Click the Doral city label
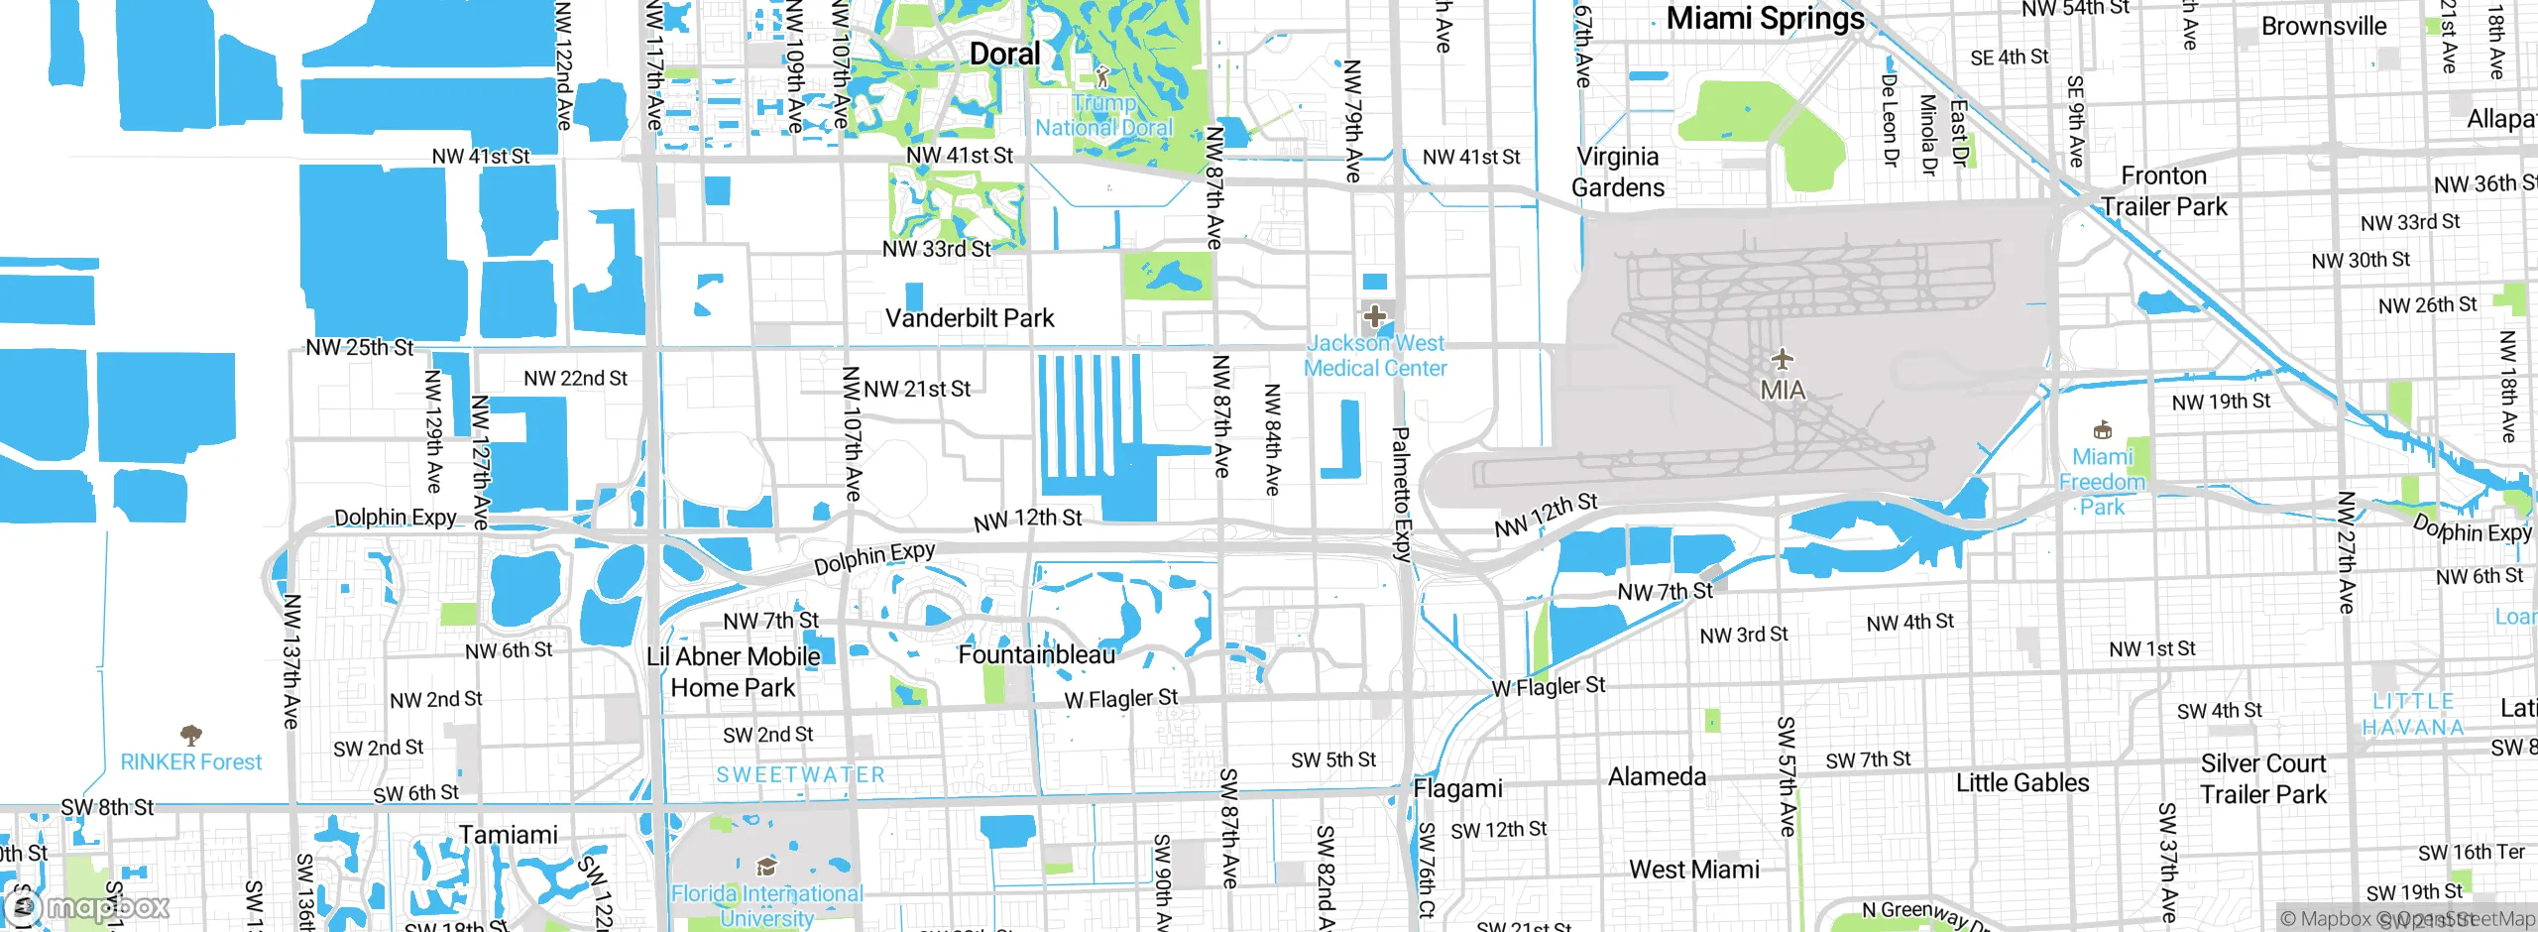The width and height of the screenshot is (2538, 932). [1004, 54]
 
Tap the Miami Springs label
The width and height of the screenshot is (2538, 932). [1765, 19]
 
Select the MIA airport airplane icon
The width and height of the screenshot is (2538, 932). [1783, 359]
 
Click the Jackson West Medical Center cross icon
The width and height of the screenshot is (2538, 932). [1375, 317]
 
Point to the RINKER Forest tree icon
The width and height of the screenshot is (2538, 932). [191, 735]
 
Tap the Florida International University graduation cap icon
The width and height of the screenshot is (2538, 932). [766, 868]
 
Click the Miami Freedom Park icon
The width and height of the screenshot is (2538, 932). [2102, 430]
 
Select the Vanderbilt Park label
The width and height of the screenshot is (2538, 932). [970, 318]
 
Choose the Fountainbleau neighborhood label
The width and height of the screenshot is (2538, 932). [1037, 654]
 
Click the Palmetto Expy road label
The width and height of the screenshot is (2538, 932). [1401, 494]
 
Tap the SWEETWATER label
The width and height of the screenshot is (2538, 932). [801, 774]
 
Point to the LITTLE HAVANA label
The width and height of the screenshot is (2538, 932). [2413, 714]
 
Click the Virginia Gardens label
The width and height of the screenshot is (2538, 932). [1618, 172]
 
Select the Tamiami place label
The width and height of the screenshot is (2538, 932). [509, 835]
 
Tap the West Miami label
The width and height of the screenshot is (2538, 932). [1694, 870]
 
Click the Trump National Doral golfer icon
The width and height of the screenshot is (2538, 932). [1102, 75]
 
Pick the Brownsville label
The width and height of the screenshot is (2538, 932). [2324, 26]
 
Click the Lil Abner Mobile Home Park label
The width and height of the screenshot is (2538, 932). [734, 671]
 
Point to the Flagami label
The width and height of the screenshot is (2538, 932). [1457, 788]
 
